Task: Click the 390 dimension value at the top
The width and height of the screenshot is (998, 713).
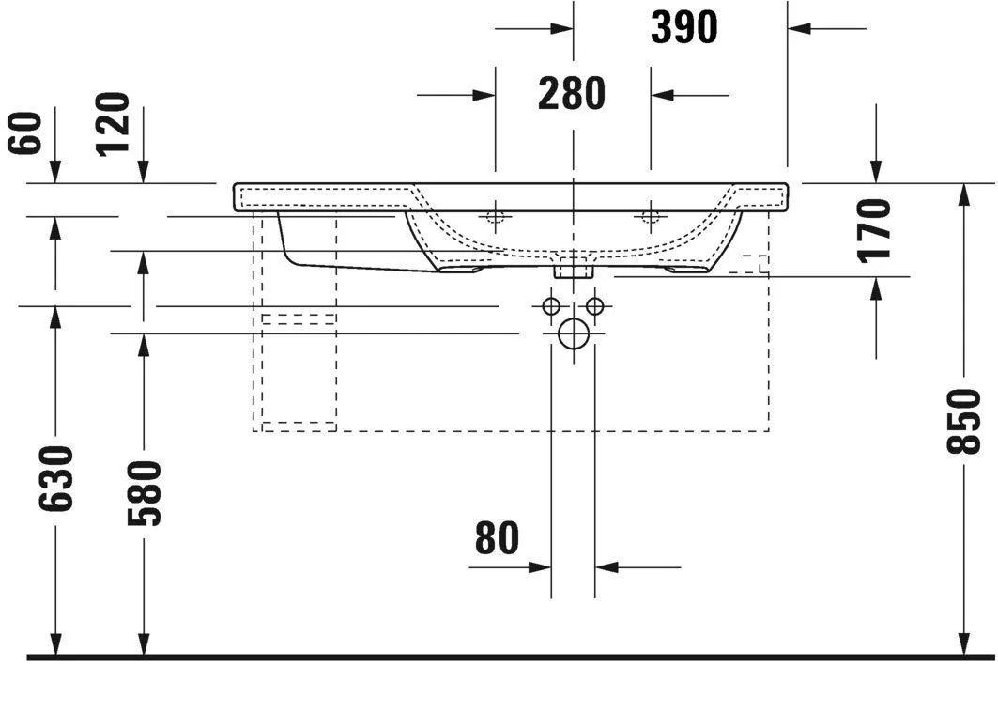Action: tap(683, 29)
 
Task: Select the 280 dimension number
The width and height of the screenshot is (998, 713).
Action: tap(572, 94)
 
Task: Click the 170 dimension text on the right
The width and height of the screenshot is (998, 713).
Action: tap(875, 229)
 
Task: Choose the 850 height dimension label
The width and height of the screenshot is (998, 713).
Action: tap(964, 422)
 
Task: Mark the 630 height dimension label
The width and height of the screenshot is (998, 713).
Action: tap(56, 478)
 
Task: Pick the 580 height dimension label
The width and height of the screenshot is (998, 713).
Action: tap(144, 492)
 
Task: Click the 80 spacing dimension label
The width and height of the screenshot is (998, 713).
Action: tap(497, 538)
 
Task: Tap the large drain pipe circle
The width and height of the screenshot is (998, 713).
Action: tap(572, 333)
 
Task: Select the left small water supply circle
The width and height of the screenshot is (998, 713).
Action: tap(551, 305)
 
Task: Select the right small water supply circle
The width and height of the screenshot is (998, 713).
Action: tap(593, 305)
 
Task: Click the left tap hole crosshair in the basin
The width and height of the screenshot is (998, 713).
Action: tap(495, 217)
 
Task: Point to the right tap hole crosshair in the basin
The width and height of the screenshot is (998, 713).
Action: tap(649, 217)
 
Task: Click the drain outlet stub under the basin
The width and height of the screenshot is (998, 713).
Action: tap(573, 270)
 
